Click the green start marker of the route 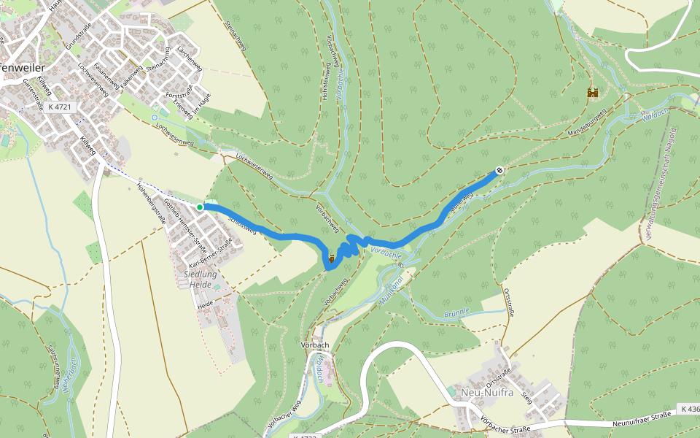click(200, 207)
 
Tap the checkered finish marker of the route click(499, 170)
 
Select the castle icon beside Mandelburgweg click(592, 93)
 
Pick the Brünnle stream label click(457, 314)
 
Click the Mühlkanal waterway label click(392, 288)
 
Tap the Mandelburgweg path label click(587, 124)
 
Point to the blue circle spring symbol click(154, 117)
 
